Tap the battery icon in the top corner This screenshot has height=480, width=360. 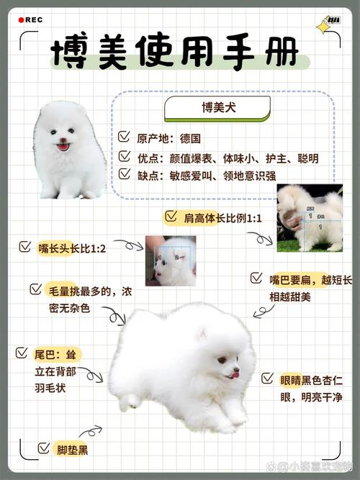tap(333, 19)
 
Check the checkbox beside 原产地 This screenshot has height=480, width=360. tap(125, 136)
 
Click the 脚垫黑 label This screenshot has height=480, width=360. tap(73, 450)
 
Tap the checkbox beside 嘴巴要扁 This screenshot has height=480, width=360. tap(256, 278)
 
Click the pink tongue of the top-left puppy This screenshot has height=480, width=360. tap(63, 148)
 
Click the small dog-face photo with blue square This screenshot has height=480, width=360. tap(171, 261)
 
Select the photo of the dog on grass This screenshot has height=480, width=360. tap(310, 218)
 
